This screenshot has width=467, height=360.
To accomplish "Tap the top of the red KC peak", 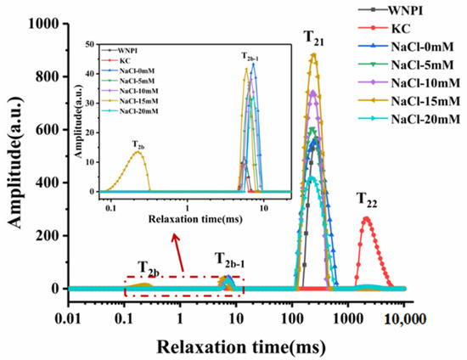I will tap(366, 218).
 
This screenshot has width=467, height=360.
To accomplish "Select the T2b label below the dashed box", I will tap(146, 272).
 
